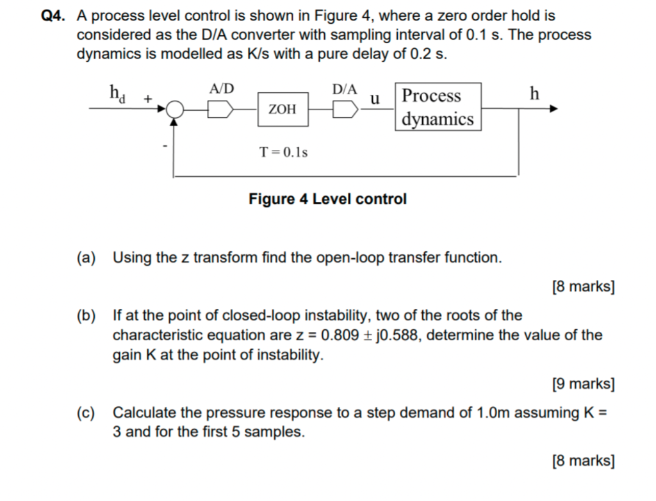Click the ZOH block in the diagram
coord(283,109)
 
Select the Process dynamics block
coord(438,107)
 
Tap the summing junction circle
coord(174,110)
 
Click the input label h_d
coord(117,94)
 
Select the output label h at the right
coord(534,94)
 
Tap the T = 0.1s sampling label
coord(284,152)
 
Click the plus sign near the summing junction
coord(148,99)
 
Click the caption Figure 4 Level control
coord(327,199)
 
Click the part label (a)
coord(86,258)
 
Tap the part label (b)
coord(86,315)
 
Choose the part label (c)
coord(86,413)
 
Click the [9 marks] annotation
coord(583,384)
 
